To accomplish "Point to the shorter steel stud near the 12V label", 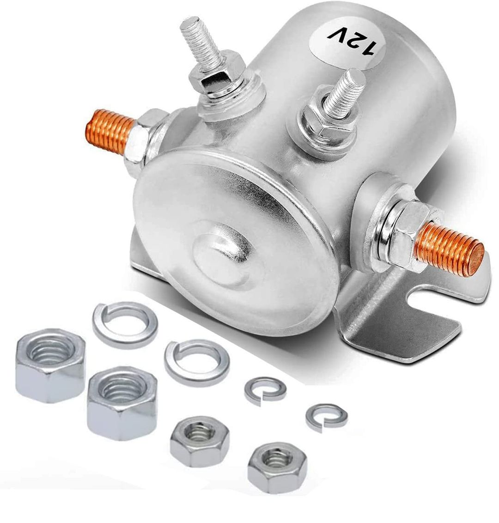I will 345,93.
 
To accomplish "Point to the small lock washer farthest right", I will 326,417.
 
